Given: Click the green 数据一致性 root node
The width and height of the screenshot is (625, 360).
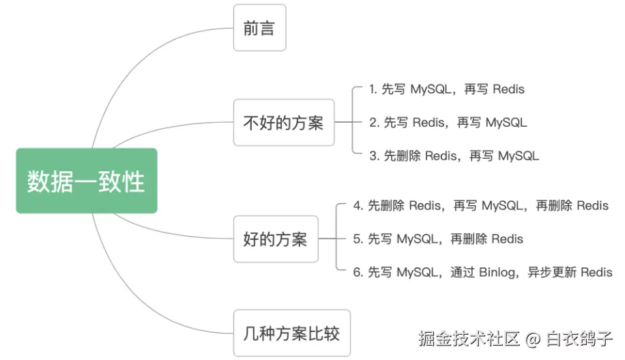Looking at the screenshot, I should pos(87,181).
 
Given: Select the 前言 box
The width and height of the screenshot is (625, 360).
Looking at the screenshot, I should pos(259,28).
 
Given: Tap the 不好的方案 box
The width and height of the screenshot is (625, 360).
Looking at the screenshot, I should pos(284,123).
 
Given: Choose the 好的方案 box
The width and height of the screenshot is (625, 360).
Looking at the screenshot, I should pos(276,239).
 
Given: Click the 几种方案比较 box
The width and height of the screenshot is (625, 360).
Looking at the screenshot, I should pos(292,334).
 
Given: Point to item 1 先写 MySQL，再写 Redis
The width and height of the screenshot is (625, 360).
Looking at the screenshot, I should pos(447,89).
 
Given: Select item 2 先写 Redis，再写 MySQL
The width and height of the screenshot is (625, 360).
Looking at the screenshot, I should pos(448,123).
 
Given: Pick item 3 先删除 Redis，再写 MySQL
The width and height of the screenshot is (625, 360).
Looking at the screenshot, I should pos(454,156).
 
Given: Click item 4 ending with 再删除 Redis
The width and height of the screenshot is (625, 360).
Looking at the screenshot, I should pos(480,206).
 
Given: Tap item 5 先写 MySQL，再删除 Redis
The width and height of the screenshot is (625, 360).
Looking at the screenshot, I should pos(438,239).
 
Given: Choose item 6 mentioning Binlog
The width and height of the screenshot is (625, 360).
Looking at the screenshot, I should pos(482,273).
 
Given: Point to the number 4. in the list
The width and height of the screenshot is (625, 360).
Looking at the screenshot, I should pos(358,206).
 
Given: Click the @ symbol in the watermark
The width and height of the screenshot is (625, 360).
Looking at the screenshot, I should pos(533,338).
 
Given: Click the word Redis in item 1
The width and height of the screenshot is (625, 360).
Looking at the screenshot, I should pos(508,89).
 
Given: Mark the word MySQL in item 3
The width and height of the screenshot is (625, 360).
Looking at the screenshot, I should pos(519,156).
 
